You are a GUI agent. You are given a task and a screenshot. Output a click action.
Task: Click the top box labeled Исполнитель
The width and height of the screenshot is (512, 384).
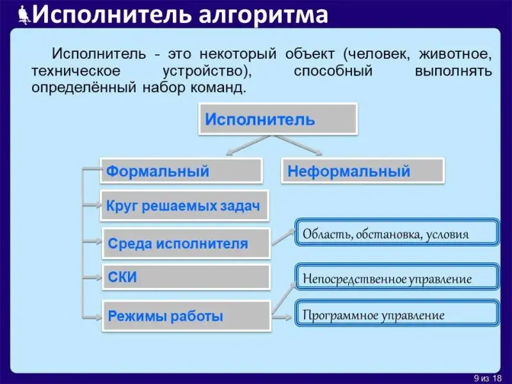(276, 120)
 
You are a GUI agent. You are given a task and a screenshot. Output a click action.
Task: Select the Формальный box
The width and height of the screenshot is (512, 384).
(181, 172)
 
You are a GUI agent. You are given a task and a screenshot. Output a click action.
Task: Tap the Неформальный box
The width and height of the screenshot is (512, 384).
(362, 172)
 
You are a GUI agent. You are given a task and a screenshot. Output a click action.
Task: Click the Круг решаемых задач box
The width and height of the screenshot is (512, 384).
(184, 206)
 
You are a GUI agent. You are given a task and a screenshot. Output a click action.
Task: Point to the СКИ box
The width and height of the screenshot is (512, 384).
(186, 278)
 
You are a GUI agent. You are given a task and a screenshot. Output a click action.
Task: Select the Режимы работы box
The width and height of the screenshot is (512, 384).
(186, 316)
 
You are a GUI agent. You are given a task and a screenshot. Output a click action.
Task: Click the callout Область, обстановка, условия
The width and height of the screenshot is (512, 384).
(397, 234)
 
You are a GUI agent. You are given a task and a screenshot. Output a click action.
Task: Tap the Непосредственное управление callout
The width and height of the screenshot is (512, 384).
(397, 279)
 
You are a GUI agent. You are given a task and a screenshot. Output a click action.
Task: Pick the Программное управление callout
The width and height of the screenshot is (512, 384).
(397, 315)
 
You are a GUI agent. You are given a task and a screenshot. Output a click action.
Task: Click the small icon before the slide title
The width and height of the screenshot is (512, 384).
(24, 14)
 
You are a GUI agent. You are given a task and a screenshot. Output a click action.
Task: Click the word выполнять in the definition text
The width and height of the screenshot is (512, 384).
(453, 70)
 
